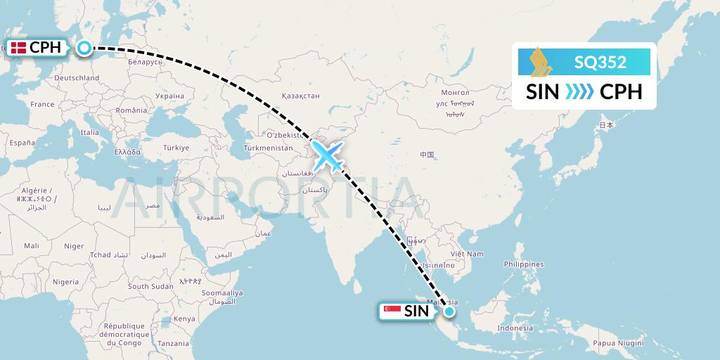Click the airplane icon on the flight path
328,155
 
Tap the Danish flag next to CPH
18,49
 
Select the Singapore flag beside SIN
392,311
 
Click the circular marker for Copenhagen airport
84,48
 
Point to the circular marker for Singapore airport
449,311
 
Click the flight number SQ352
600,63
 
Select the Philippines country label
524,264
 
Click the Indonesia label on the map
515,328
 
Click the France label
42,105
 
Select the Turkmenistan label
267,148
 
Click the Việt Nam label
467,254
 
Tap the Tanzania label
174,344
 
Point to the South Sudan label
150,286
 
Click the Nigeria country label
65,282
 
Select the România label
132,110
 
